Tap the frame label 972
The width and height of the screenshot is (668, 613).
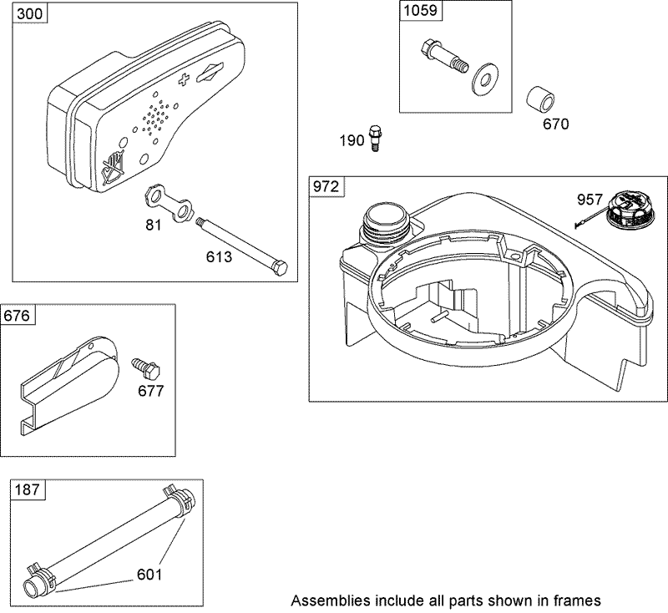coord(326,188)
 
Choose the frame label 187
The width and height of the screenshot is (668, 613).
coord(26,492)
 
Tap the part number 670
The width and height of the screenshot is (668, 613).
coord(555,124)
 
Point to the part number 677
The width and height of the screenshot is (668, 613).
coord(151,390)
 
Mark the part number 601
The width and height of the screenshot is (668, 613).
coord(149,575)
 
